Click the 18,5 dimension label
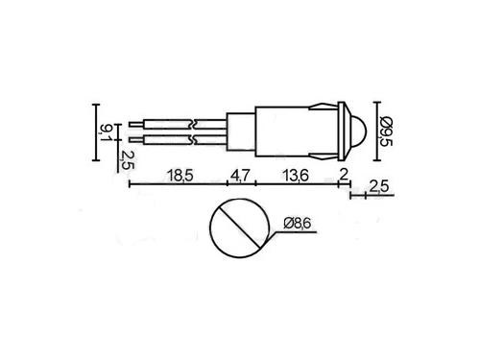[x=180, y=176]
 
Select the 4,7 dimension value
[x=240, y=176]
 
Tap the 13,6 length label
[x=296, y=176]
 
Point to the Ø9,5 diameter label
[x=386, y=131]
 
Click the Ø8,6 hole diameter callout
[x=298, y=223]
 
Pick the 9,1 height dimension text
[x=106, y=132]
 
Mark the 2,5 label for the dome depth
[x=379, y=187]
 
